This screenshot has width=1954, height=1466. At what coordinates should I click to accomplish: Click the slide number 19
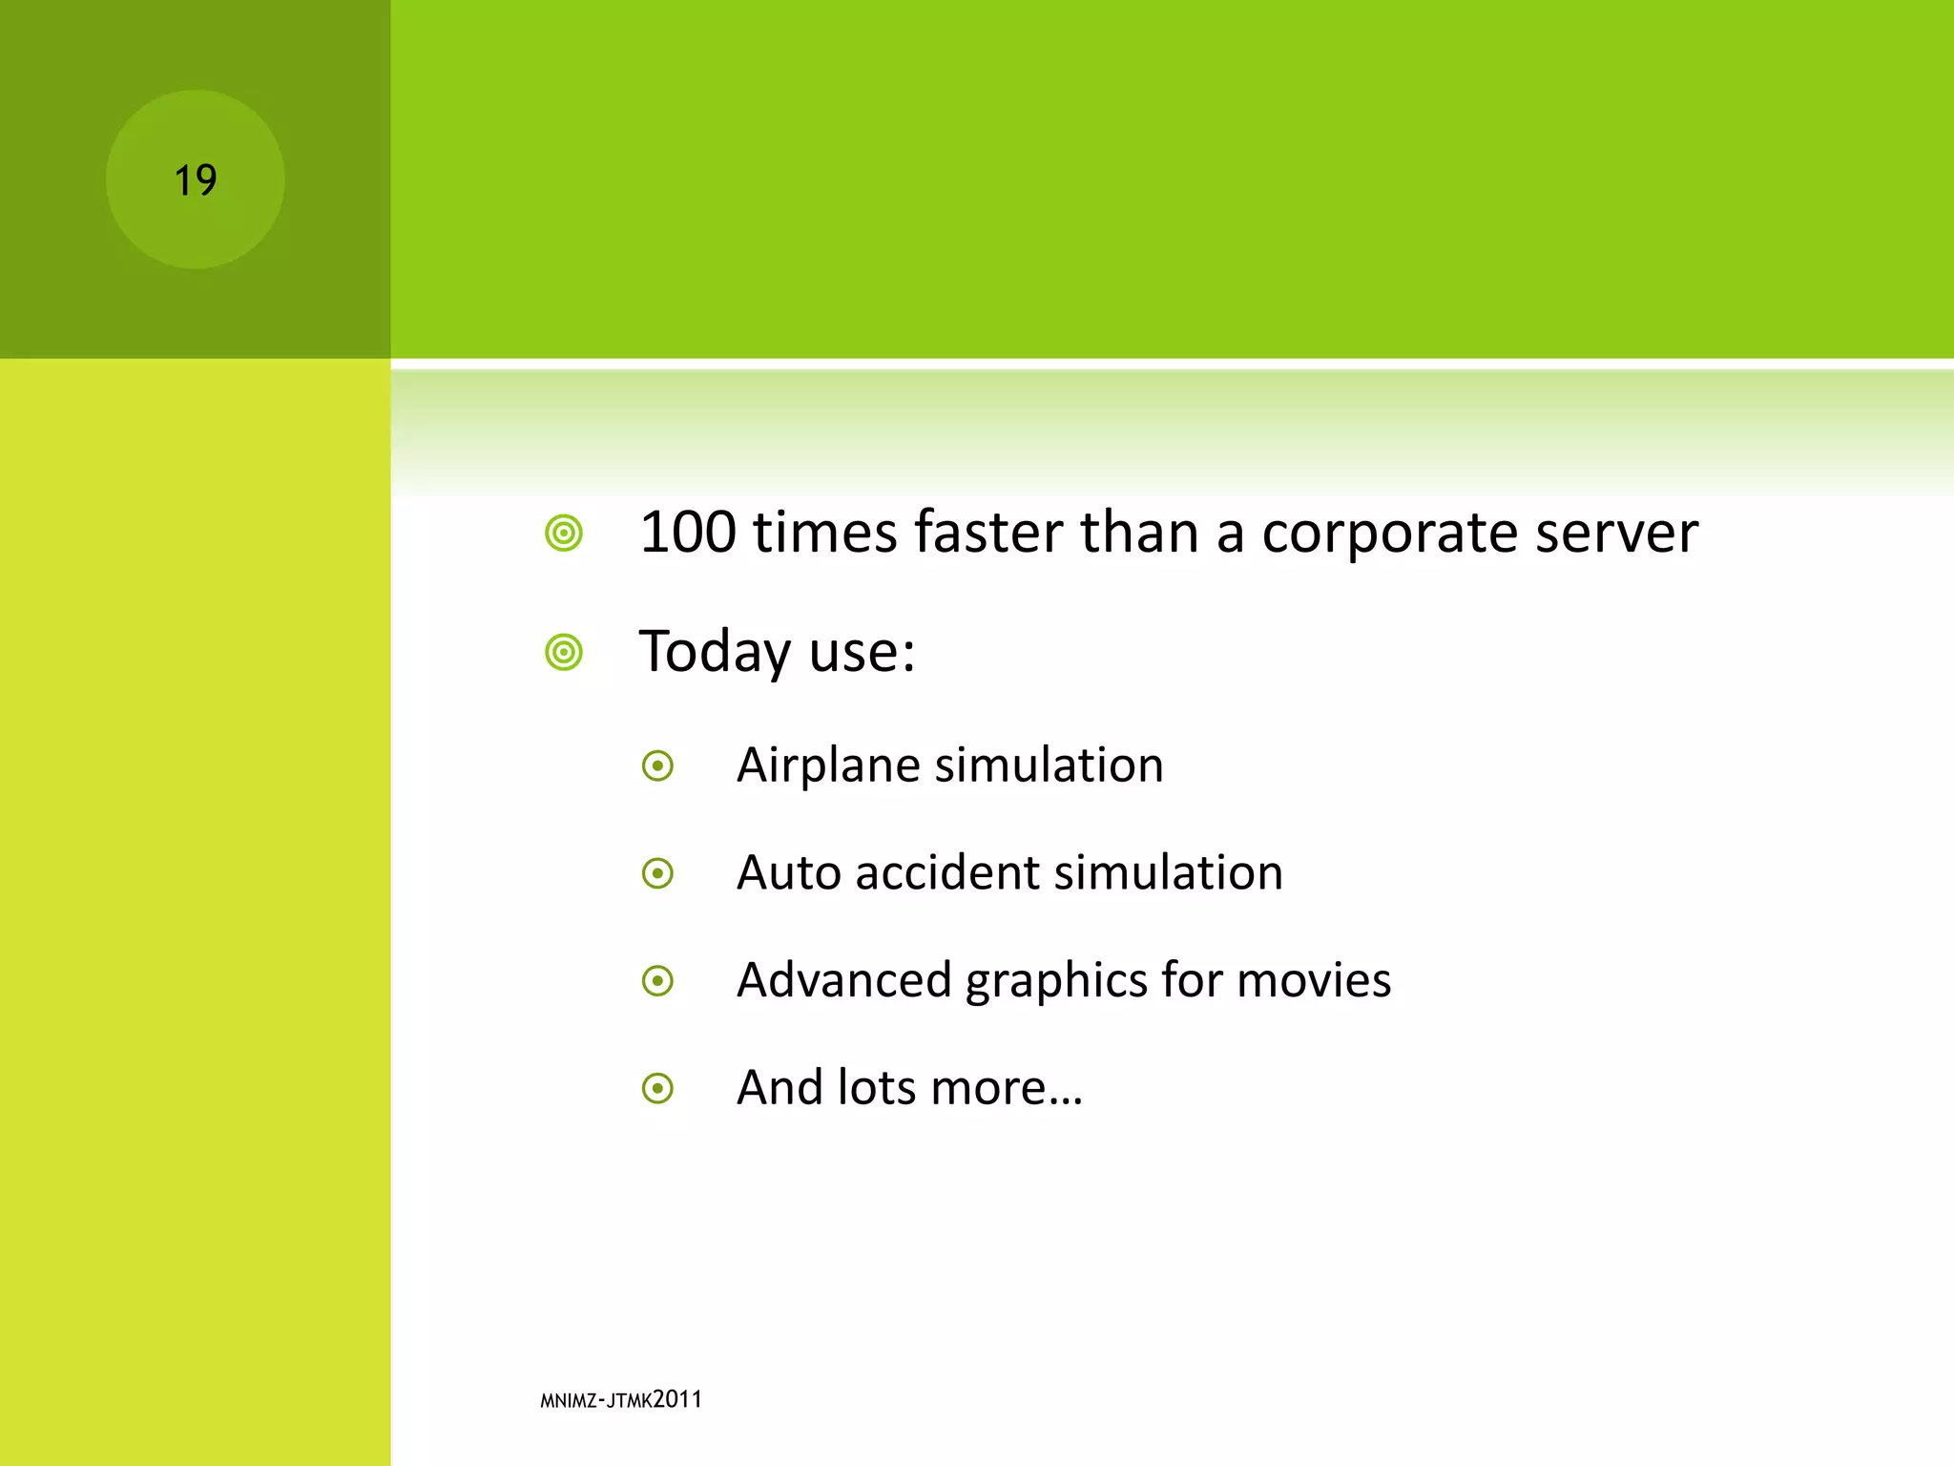tap(196, 180)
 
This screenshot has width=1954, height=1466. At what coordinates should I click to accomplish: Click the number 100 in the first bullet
tap(688, 533)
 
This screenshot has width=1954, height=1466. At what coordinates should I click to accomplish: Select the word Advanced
tap(844, 981)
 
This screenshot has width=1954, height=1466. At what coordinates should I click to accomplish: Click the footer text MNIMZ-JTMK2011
tap(621, 1400)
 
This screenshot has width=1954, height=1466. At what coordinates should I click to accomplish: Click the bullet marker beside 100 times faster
tap(564, 533)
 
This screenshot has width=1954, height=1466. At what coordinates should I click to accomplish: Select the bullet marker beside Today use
tap(564, 653)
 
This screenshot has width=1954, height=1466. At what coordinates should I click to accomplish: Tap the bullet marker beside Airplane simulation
tap(658, 765)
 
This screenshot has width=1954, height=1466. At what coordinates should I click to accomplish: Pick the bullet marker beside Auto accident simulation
tap(658, 873)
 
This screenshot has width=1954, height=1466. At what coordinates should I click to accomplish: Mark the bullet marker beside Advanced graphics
tap(658, 980)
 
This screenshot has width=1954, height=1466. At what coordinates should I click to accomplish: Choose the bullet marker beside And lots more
tap(658, 1088)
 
